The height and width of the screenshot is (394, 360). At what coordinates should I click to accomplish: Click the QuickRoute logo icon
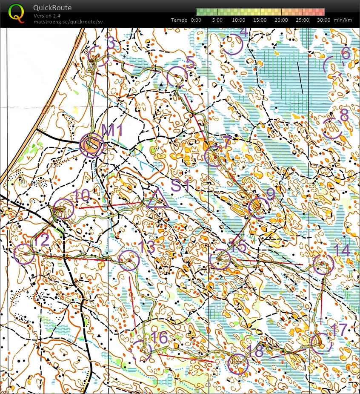pos(16,13)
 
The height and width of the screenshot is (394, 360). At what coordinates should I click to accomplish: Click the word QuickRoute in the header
pos(52,8)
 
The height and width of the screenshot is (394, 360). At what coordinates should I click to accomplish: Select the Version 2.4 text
pos(48,16)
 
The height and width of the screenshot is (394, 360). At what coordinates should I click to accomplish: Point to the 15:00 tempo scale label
pos(260,20)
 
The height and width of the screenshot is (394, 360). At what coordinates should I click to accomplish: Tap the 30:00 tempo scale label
pos(323,20)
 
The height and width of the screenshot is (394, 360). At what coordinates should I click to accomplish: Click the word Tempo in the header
pos(180,20)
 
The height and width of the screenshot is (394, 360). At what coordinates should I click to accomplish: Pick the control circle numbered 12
pos(24,254)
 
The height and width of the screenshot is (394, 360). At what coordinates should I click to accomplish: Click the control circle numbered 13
pos(129,260)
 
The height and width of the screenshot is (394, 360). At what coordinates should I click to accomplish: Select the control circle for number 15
pos(220,259)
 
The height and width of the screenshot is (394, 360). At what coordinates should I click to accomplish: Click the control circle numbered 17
pos(320,343)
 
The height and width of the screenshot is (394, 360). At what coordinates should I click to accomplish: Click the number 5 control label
pos(190,63)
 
